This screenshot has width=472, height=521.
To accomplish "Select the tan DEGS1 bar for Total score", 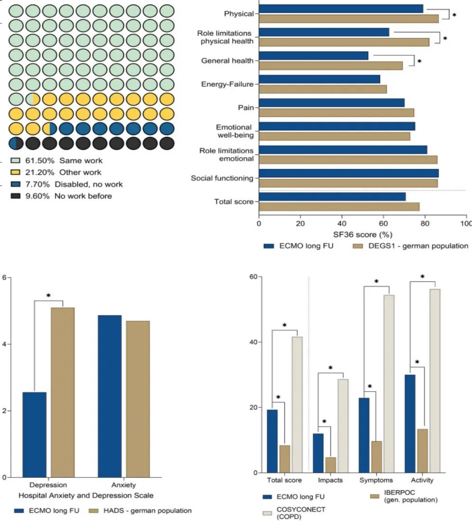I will coord(339,207).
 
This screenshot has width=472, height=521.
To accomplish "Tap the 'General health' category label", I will coord(227,61).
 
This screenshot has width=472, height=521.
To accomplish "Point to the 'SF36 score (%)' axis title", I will coord(363,234).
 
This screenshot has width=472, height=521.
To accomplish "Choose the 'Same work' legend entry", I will coord(64,161).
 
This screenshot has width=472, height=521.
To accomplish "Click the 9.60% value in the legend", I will coord(37,196).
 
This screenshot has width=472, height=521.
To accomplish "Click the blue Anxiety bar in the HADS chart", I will coord(109,396).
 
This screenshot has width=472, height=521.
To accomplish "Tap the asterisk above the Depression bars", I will coord(48,296).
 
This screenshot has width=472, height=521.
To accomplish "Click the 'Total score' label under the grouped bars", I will coord(284,480).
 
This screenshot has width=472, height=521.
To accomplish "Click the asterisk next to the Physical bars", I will coord(454,15).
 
